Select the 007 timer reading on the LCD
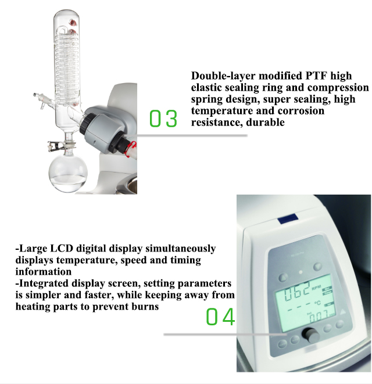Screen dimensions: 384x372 pos(319,318)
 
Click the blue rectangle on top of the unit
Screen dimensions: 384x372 pos(287,220)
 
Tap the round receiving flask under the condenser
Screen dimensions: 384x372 pos(66,175)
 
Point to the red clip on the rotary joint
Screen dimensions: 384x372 pos(131,148)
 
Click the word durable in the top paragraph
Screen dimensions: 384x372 pos(264,123)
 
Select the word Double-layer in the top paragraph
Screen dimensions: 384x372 pos(220,76)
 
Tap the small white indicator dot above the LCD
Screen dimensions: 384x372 pos(300,272)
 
